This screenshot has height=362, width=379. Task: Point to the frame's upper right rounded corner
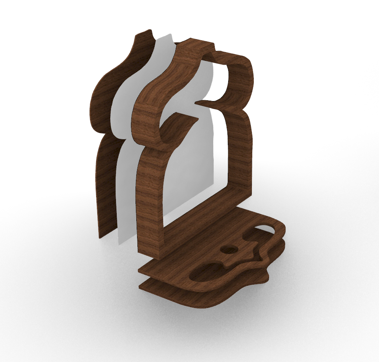(x=247, y=67)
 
